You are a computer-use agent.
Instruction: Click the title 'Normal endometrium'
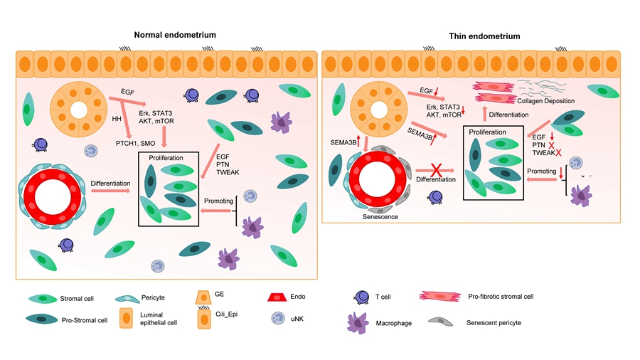coord(175,34)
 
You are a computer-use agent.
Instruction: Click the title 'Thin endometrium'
coord(484,36)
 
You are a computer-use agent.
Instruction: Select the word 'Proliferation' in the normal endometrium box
coord(167,158)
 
